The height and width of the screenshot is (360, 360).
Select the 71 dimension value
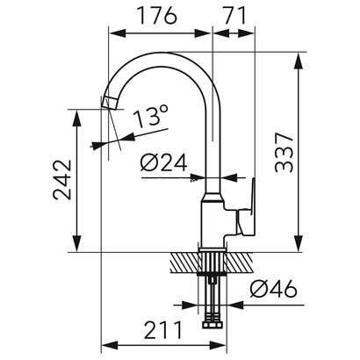tap(234, 16)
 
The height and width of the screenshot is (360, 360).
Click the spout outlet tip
tap(109, 104)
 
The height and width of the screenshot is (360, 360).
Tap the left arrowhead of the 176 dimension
tap(112, 33)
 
